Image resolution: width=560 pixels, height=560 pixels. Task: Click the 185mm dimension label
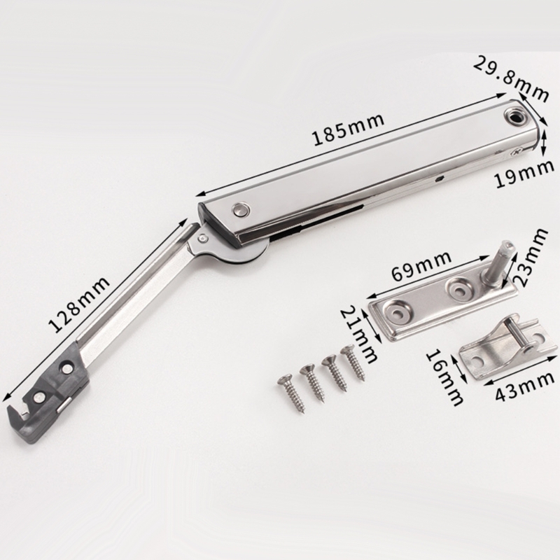click(x=348, y=129)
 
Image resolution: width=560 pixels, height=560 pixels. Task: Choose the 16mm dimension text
click(x=444, y=377)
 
